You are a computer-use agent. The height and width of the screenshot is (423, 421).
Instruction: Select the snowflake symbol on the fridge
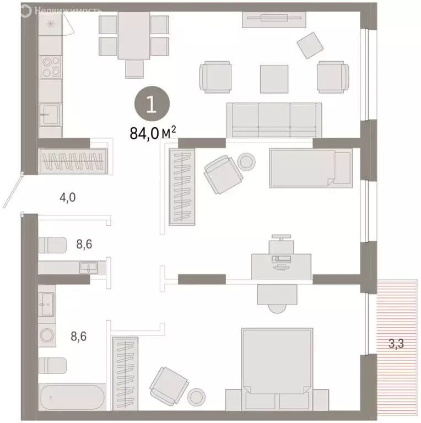tap(51, 23)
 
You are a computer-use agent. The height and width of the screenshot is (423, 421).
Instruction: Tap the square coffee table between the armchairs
tap(274, 79)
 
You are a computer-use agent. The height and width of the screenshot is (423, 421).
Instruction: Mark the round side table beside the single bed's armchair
tap(246, 161)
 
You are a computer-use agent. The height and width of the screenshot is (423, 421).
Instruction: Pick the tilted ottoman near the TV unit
tap(311, 45)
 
